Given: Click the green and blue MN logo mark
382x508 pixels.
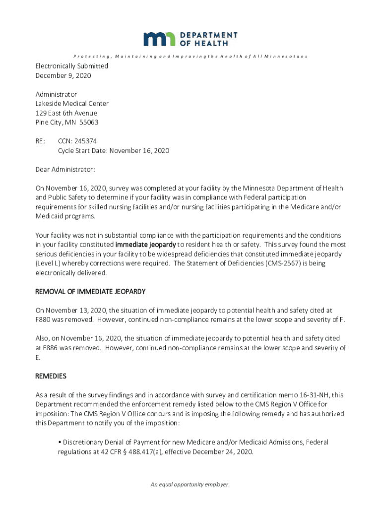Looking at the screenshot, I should point(159,39).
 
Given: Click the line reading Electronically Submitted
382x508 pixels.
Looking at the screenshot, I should point(71,66).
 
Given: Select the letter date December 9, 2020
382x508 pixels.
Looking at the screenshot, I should point(63,75).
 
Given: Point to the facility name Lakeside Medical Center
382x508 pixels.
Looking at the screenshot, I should point(72,104).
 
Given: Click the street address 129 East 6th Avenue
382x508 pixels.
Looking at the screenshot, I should point(66,113).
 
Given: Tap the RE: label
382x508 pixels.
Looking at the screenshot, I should point(41,141).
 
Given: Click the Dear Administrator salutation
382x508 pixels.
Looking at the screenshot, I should point(65,170).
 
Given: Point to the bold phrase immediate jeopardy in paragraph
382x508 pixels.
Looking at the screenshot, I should point(145,245).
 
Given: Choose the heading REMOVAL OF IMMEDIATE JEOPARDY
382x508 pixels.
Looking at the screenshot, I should point(90,292).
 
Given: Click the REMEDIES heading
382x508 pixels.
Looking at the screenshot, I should point(51,376).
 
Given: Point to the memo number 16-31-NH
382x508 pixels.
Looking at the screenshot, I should point(314,395).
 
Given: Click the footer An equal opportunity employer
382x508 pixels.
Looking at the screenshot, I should point(191,485).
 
